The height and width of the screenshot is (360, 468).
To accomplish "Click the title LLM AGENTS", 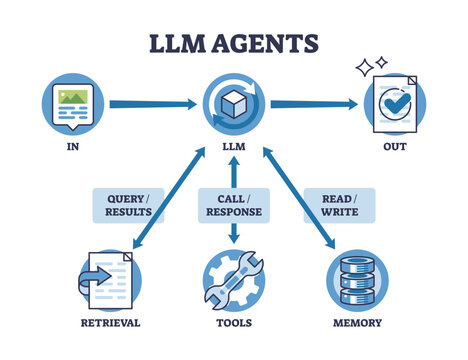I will point(234,43).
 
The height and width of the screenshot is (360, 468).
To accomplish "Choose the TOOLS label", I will point(234,323).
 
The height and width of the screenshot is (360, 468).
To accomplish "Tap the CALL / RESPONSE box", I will point(234,204).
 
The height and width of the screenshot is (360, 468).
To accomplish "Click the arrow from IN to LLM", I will point(149,103).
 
